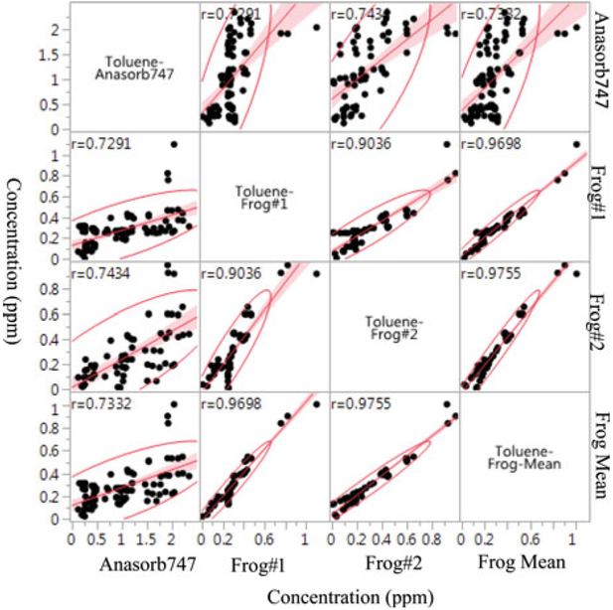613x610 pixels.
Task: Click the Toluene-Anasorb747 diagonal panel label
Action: [135, 65]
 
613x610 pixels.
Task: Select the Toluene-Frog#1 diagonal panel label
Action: [264, 194]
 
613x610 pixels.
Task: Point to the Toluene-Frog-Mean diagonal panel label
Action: [523, 456]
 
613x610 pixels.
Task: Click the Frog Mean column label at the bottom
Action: [525, 561]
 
